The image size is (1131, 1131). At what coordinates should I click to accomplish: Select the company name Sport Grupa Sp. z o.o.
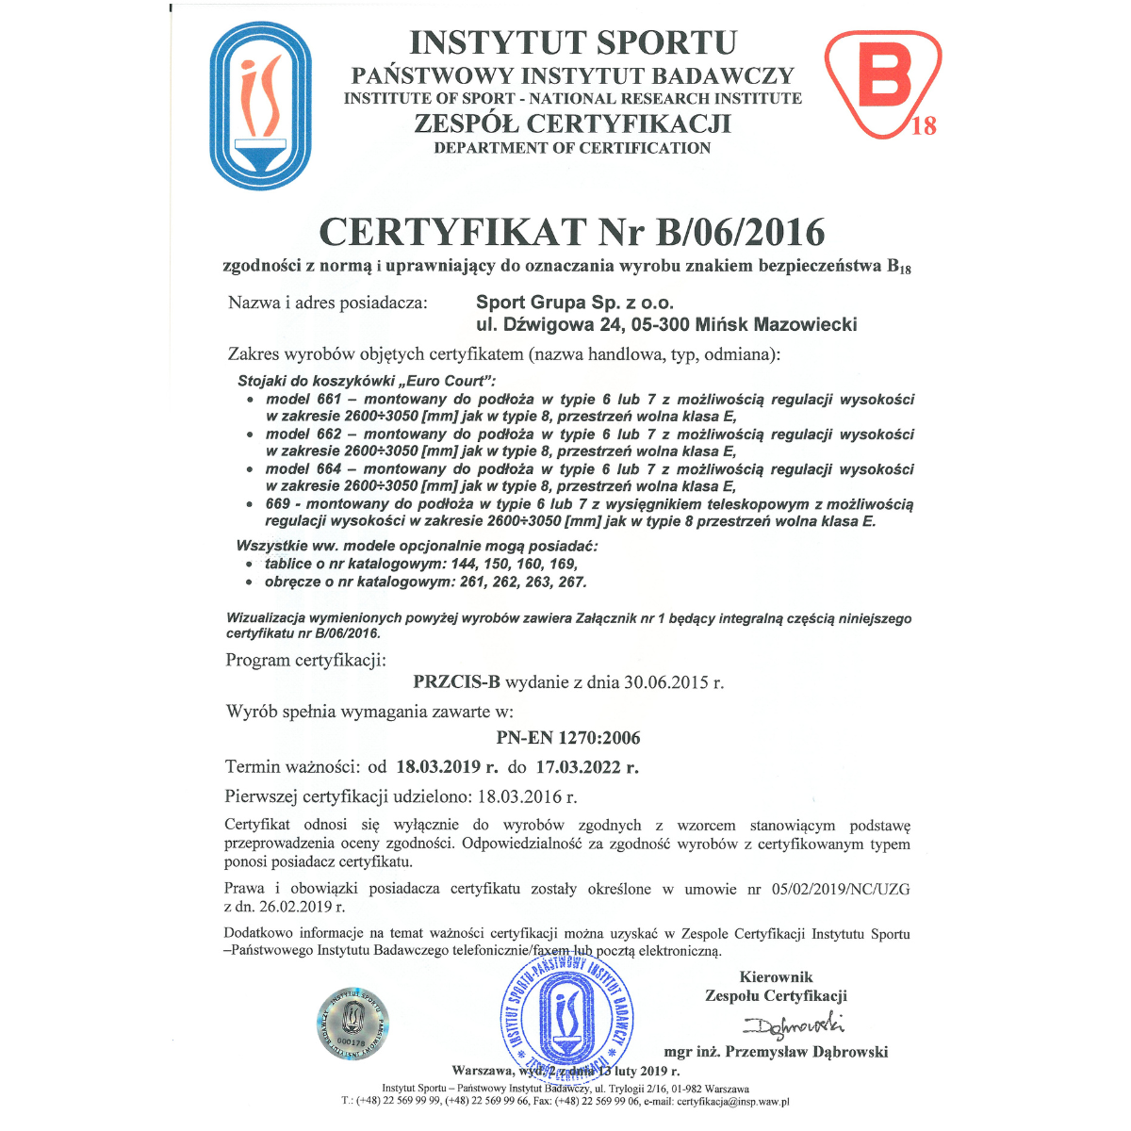(x=575, y=303)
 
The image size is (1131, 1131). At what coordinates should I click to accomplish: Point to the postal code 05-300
(x=656, y=325)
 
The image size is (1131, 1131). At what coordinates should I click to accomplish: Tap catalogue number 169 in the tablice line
(x=563, y=564)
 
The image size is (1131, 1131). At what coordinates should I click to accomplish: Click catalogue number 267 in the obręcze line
(x=571, y=582)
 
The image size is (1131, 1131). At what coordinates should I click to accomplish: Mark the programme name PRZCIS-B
(x=457, y=681)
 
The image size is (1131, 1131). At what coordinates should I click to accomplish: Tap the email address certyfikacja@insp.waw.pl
(x=732, y=1101)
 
